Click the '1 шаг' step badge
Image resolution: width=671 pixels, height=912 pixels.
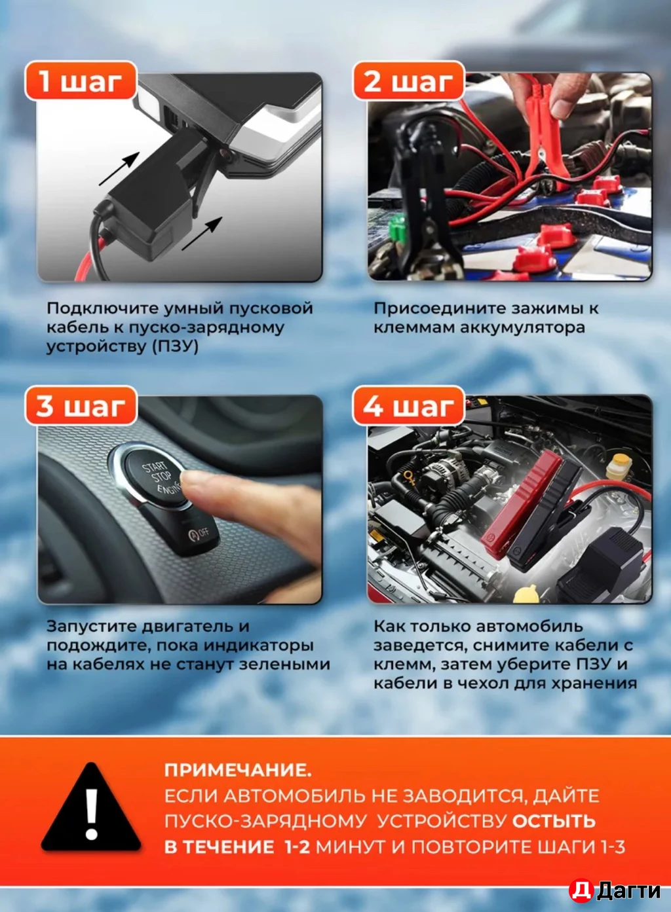point(80,81)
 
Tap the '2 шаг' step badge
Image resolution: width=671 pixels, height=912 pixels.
point(408,81)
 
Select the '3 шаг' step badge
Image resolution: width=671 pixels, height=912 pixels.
point(80,406)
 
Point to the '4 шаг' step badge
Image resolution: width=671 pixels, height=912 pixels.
point(408,406)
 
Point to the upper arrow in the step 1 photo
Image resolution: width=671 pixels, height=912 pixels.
point(119,168)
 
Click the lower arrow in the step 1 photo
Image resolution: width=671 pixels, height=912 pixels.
point(202,233)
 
